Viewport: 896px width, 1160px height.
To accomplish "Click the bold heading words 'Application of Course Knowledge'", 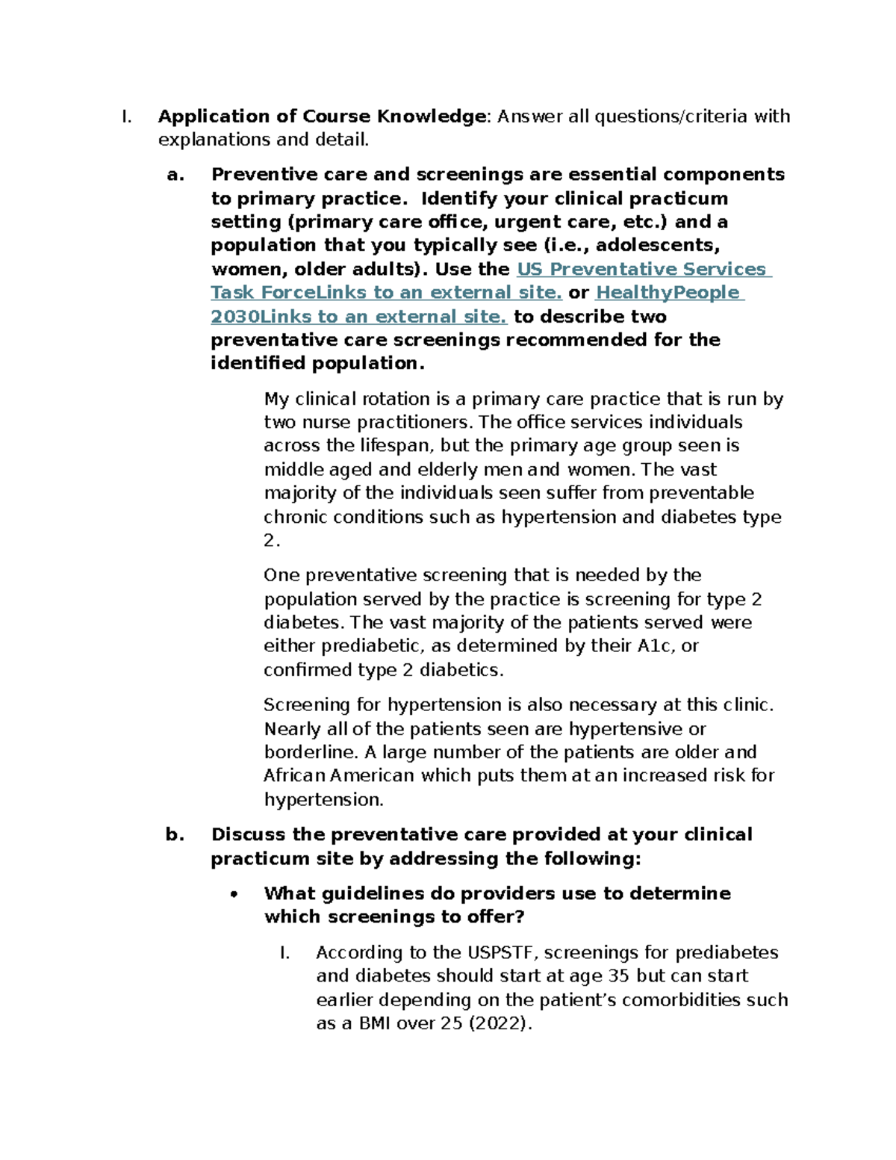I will pos(322,117).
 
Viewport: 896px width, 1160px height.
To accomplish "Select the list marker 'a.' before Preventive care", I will pos(175,175).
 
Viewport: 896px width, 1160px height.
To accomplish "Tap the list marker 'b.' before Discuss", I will pos(175,834).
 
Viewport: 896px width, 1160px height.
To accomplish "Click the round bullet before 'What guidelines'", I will pos(234,894).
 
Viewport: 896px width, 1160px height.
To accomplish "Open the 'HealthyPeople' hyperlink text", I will pos(668,293).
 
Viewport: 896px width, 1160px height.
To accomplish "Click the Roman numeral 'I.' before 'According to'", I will pos(284,952).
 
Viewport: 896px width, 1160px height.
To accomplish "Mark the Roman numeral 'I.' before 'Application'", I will pos(126,117).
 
